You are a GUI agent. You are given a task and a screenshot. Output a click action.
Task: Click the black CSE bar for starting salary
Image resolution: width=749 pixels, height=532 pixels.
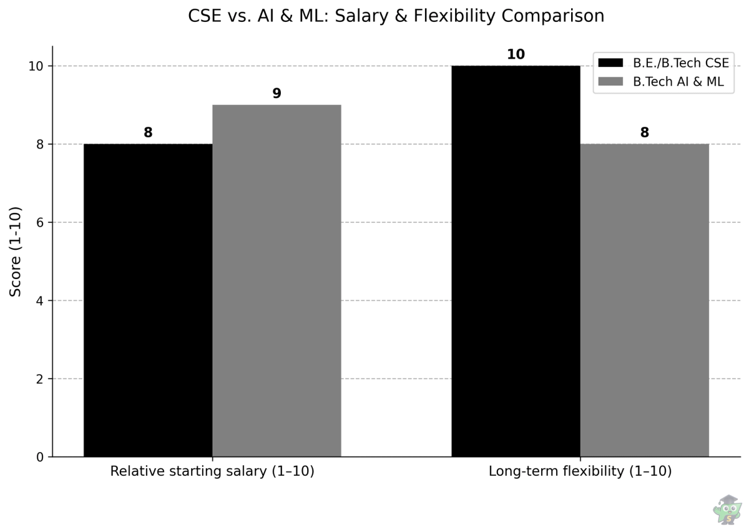pos(148,300)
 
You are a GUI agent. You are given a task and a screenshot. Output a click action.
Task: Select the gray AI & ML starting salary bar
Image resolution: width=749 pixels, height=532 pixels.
pos(277,281)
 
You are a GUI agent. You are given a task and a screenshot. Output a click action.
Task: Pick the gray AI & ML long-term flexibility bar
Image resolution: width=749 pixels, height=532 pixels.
pos(644,300)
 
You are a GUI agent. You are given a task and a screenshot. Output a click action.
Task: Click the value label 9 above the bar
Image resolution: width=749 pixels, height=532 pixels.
pos(277,94)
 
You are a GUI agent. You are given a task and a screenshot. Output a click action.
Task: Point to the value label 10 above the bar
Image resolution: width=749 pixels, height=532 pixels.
pos(516,54)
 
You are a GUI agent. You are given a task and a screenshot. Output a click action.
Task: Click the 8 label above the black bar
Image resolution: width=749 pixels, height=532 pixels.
pos(148,132)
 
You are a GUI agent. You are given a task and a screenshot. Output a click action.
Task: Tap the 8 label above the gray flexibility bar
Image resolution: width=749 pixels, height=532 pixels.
pos(644,132)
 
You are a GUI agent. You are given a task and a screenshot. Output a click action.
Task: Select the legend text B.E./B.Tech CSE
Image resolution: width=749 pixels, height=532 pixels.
pos(681,62)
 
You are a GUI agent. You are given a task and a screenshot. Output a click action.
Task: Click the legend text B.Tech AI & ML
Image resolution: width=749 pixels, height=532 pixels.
pos(683,81)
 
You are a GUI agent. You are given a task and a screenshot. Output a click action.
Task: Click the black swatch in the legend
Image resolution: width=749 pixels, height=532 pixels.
pos(610,62)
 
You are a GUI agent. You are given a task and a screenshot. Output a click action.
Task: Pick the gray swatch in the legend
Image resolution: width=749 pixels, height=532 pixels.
pos(610,81)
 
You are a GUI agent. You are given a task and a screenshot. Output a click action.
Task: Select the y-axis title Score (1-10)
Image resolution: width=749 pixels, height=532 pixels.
pos(16,251)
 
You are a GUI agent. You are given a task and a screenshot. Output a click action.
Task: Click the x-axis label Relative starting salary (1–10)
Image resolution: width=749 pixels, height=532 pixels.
pos(212,471)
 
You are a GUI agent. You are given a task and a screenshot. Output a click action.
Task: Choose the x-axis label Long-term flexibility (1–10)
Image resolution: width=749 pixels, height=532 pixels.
pos(580,471)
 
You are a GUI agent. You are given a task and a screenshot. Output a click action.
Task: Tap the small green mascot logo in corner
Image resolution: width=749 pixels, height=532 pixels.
pos(727,510)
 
